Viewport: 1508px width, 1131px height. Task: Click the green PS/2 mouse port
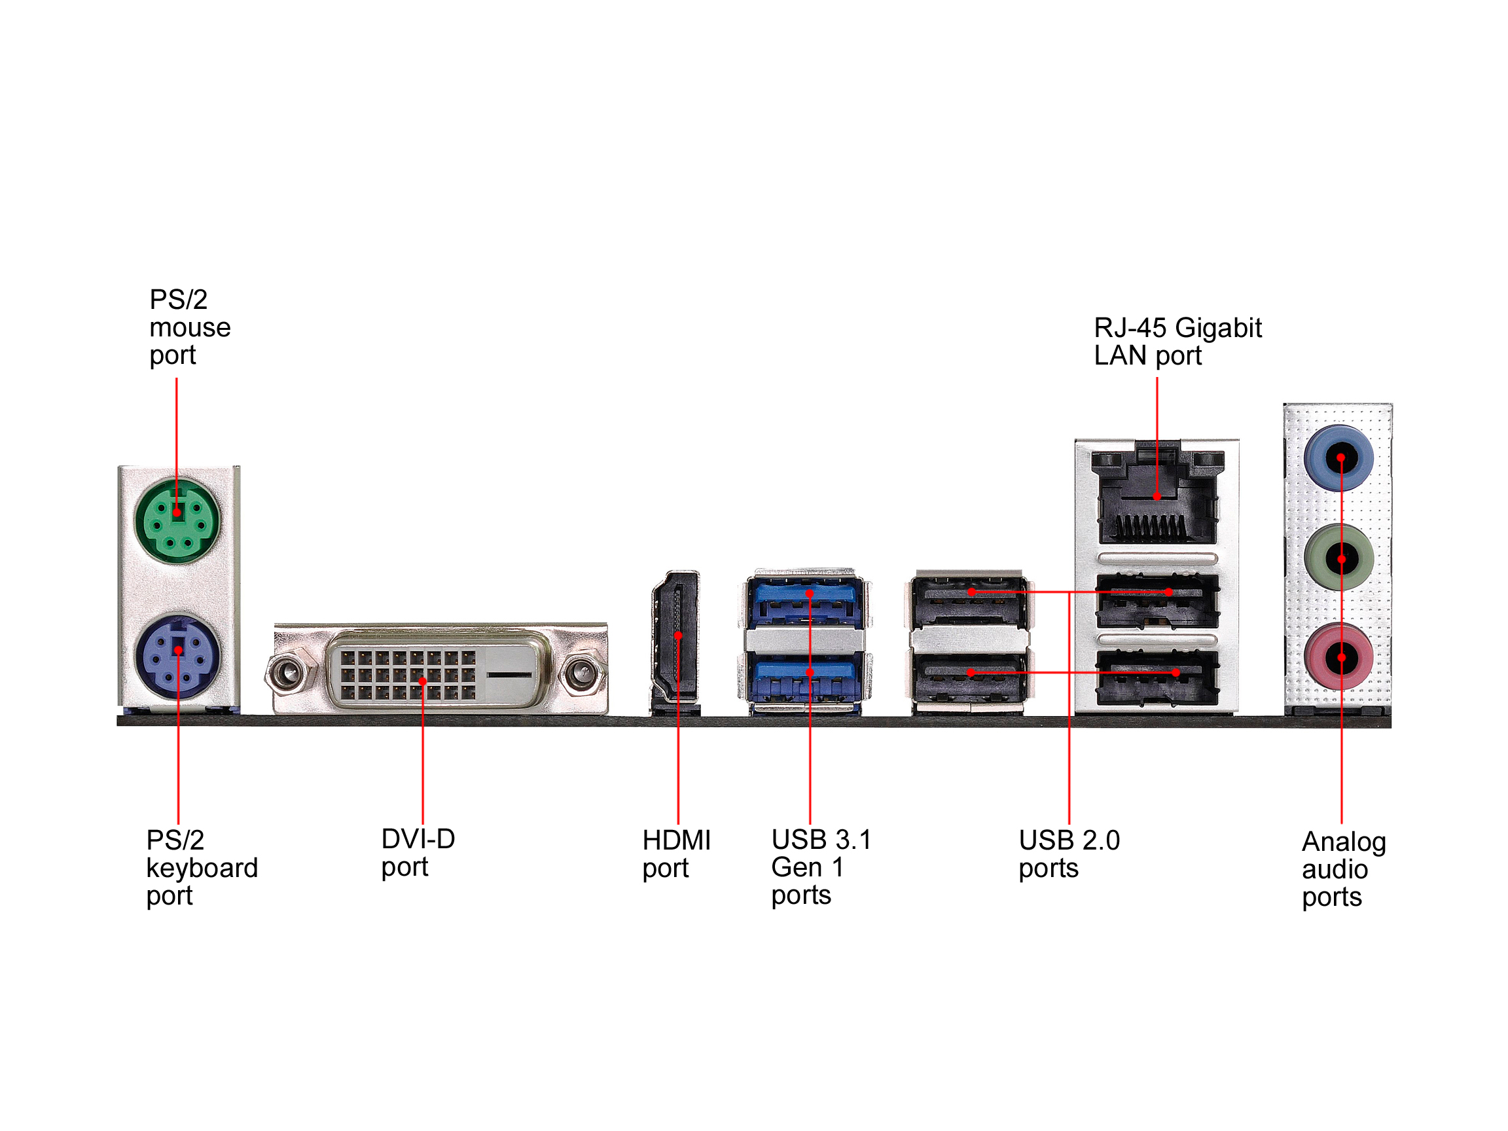(177, 522)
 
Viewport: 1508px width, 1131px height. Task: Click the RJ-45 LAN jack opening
(1157, 505)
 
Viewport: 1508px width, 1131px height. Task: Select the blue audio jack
(1339, 458)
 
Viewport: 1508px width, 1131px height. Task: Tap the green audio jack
(1339, 558)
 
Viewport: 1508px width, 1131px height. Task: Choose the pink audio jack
(1339, 657)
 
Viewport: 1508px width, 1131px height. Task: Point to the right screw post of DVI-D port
(581, 674)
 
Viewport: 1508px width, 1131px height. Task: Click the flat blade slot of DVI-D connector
(510, 675)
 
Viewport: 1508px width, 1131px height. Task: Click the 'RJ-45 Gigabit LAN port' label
(1177, 342)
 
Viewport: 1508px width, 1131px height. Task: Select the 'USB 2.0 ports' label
(1068, 853)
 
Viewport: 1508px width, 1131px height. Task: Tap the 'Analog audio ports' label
(1343, 869)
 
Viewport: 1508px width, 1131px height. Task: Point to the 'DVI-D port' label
(417, 853)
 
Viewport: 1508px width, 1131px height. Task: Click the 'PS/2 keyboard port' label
(202, 868)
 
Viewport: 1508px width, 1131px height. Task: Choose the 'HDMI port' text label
(675, 854)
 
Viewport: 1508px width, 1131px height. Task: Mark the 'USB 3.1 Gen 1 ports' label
(820, 867)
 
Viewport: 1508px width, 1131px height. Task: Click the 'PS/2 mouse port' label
(190, 327)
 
